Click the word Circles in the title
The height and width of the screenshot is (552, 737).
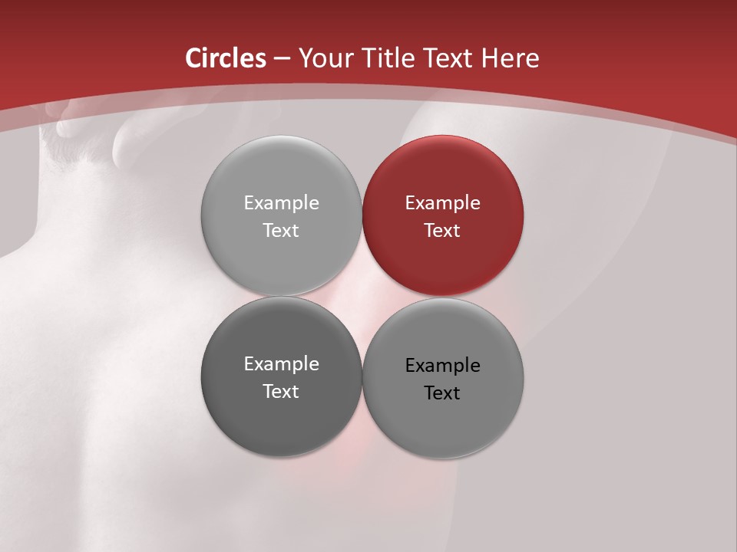(225, 58)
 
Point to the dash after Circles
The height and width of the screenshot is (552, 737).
(282, 59)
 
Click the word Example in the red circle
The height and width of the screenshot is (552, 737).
(443, 203)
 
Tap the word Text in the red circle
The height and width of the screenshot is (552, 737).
(443, 230)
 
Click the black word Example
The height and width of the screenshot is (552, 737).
(443, 366)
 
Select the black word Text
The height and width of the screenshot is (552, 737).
(443, 393)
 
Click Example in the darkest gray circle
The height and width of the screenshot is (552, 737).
(281, 364)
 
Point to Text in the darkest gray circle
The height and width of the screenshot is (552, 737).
(281, 391)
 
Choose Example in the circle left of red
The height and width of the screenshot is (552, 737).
(281, 203)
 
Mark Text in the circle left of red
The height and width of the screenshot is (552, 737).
(281, 230)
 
